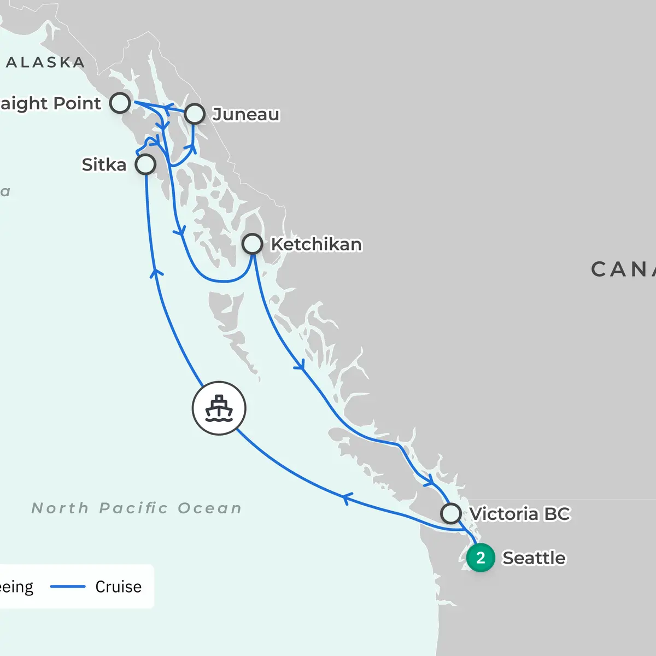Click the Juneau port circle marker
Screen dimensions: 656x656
point(195,114)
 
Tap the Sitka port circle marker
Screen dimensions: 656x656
point(145,164)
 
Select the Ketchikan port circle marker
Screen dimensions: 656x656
point(252,244)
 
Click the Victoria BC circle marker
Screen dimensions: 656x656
point(451,514)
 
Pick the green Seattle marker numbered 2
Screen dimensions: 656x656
point(481,558)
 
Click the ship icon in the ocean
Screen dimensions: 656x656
point(219,408)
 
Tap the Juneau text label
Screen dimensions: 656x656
point(246,114)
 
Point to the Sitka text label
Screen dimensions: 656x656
point(104,165)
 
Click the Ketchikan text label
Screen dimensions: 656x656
point(316,244)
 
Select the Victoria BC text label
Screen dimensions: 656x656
point(519,514)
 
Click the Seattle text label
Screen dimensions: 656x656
point(534,558)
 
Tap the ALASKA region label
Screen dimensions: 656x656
point(45,62)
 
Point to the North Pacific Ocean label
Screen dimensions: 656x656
point(137,508)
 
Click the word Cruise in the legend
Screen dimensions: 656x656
point(118,587)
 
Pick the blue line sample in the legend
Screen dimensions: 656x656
point(68,587)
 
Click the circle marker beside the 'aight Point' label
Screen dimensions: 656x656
point(120,103)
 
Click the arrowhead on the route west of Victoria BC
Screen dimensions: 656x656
point(346,498)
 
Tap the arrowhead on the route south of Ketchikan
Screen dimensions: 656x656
point(300,365)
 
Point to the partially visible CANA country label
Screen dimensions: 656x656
point(623,269)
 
